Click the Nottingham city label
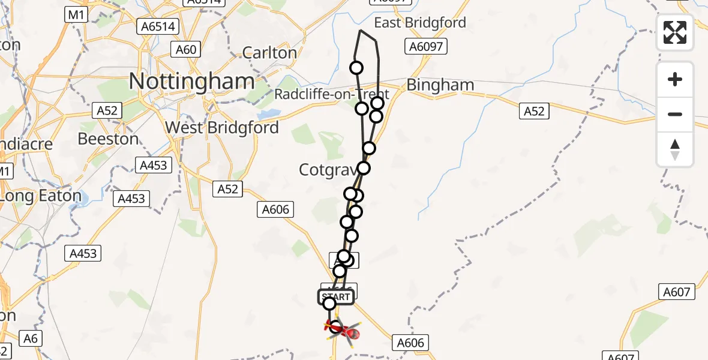(192, 81)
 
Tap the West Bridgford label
(222, 128)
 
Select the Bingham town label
(440, 85)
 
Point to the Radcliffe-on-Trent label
(332, 94)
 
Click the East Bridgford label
(420, 23)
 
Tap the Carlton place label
(269, 53)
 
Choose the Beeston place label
(107, 139)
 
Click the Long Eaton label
(41, 196)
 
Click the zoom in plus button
(675, 80)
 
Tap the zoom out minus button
(675, 114)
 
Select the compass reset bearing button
(675, 149)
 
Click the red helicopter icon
(344, 329)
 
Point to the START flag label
(335, 297)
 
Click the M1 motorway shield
(74, 14)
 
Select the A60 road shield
(186, 49)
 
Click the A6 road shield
(31, 338)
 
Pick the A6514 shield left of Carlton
(158, 26)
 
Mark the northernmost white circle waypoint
(356, 68)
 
